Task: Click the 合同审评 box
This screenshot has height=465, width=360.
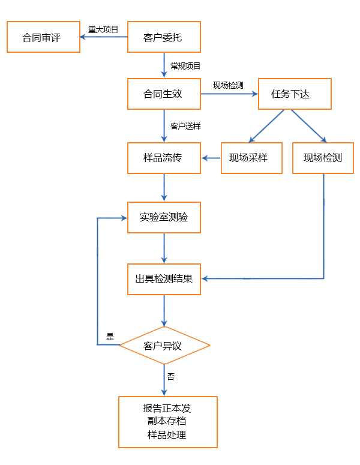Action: (43, 37)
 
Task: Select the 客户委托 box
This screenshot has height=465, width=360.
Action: (163, 37)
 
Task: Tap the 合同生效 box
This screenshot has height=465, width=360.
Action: (163, 94)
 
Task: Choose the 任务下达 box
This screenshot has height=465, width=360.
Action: (294, 94)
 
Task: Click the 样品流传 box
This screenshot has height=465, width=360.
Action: (163, 158)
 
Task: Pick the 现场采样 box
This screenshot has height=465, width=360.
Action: (251, 158)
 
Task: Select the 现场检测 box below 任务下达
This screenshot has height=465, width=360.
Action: (323, 158)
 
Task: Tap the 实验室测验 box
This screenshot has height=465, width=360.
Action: (163, 217)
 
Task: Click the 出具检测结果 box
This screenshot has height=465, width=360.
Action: (163, 278)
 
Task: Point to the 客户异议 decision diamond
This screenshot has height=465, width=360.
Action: (164, 346)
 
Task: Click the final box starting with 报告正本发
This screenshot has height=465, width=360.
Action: (167, 421)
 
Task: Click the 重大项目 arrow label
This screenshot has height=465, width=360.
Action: (103, 29)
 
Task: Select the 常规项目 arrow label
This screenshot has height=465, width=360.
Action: (185, 66)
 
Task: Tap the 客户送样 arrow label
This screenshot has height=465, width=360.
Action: (185, 127)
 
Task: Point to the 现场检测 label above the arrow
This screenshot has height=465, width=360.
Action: (228, 85)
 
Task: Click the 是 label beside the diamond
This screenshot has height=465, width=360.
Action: (110, 337)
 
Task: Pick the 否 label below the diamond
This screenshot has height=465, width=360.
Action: (171, 377)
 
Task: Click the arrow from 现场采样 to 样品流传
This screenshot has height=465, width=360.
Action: (211, 158)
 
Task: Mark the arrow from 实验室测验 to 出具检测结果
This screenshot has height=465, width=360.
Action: (164, 248)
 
